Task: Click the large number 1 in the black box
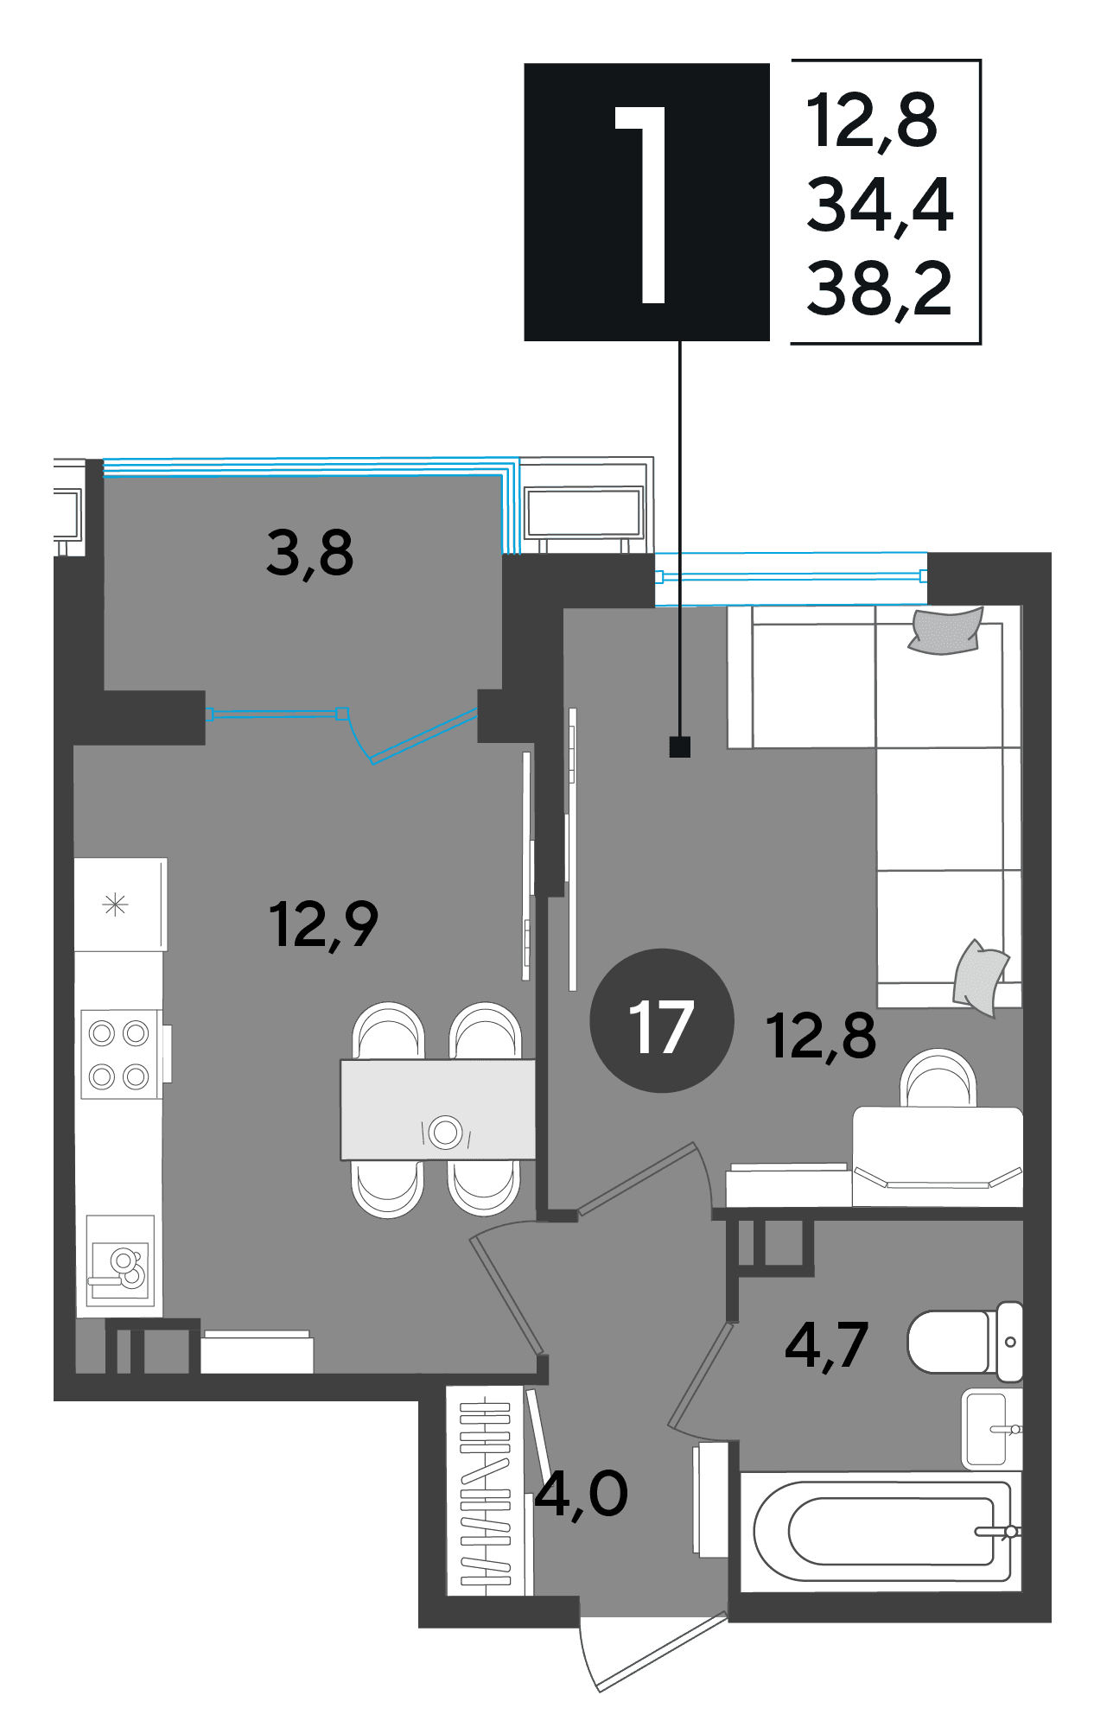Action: [643, 205]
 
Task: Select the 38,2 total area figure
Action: [879, 288]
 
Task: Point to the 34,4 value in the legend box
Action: [880, 204]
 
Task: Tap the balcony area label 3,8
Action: [309, 554]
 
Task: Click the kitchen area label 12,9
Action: [323, 925]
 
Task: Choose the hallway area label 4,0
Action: [581, 1495]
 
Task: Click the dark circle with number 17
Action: [662, 1020]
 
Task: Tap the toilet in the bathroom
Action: [965, 1341]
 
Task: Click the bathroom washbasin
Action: [992, 1429]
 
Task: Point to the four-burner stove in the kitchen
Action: [121, 1054]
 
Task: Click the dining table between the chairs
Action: [438, 1109]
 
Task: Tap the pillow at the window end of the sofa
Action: [946, 631]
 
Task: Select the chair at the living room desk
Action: [938, 1077]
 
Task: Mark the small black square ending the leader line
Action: [680, 746]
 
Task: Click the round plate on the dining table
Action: [446, 1132]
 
